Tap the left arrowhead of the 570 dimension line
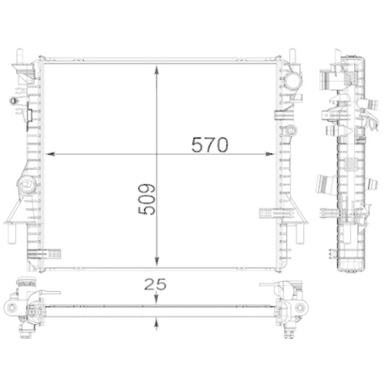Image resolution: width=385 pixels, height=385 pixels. pyautogui.click(x=51, y=155)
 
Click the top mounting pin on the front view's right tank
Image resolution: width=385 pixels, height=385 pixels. pyautogui.click(x=293, y=56)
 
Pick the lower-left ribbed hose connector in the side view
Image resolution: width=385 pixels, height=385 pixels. pyautogui.click(x=323, y=186)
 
